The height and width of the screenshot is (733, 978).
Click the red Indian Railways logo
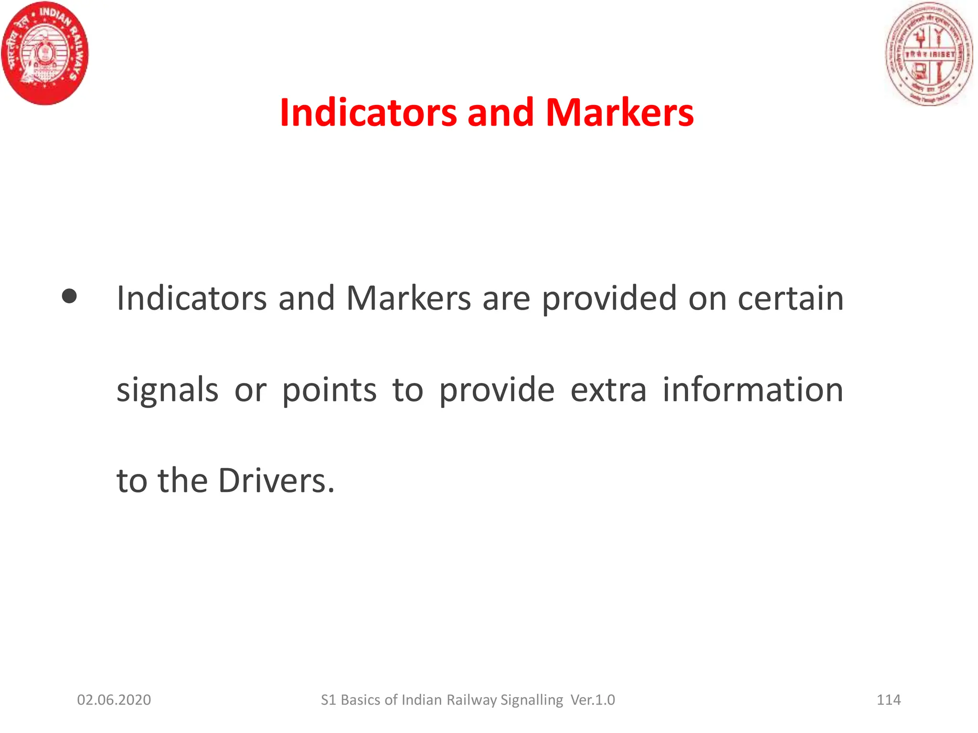pyautogui.click(x=45, y=53)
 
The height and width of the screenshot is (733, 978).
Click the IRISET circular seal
pyautogui.click(x=929, y=54)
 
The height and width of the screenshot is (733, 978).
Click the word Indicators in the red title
pyautogui.click(x=368, y=113)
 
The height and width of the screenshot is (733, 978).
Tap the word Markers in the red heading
pyautogui.click(x=619, y=113)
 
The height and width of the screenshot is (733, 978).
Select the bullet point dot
pyautogui.click(x=70, y=296)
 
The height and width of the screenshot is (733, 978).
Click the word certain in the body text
pyautogui.click(x=790, y=298)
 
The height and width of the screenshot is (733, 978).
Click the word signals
pyautogui.click(x=168, y=390)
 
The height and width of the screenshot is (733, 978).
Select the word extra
pyautogui.click(x=608, y=390)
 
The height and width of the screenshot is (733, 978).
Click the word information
pyautogui.click(x=753, y=390)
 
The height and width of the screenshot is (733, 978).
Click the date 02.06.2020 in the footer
pyautogui.click(x=114, y=700)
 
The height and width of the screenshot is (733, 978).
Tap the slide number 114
pyautogui.click(x=889, y=700)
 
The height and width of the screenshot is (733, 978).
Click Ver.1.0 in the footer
pyautogui.click(x=593, y=700)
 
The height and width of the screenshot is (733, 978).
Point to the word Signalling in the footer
pyautogui.click(x=532, y=701)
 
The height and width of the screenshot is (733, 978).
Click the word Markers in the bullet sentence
pyautogui.click(x=409, y=298)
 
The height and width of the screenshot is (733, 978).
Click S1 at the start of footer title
pyautogui.click(x=329, y=700)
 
